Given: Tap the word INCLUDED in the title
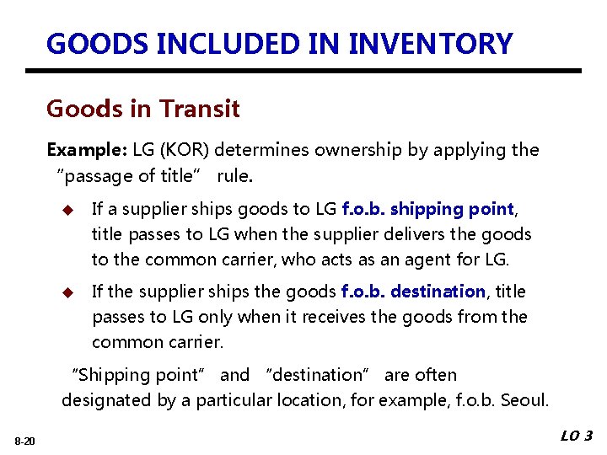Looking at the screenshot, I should click(x=257, y=44).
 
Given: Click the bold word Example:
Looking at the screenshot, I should click(x=87, y=150).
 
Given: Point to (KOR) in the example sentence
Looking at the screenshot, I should click(x=185, y=150).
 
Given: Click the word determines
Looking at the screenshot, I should click(x=264, y=150).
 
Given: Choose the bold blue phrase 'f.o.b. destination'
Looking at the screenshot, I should click(x=413, y=292).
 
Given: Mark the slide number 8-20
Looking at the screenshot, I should click(x=24, y=441).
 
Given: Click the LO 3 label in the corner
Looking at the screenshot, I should click(x=577, y=436).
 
